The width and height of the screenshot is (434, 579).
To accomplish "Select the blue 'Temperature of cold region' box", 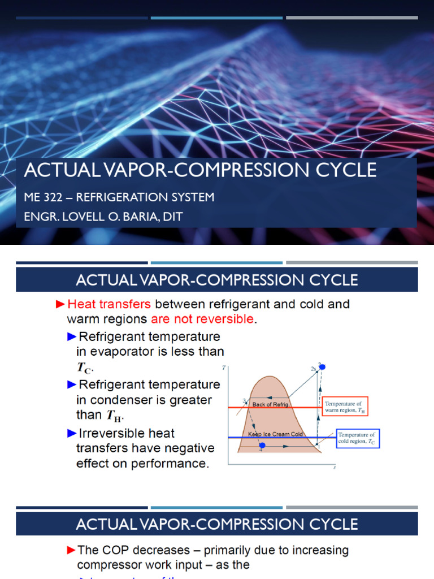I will pos(358,438).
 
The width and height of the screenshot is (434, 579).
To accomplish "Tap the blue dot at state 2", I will pos(323,367).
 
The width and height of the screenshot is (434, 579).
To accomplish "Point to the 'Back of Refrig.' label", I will pos(270,405).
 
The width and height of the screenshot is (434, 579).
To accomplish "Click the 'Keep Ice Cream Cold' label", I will pos(276,434).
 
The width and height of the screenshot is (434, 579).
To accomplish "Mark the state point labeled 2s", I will pos(313,369).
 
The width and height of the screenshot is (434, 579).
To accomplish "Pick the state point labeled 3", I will pos(244,401).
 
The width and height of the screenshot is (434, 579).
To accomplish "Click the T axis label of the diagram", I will pos(224,368).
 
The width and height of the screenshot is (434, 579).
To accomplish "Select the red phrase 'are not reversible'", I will pos(202,319).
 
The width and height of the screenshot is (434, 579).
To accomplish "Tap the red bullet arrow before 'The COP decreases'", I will pos(71,550).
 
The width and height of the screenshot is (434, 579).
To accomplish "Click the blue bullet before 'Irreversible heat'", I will pos(71,434).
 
